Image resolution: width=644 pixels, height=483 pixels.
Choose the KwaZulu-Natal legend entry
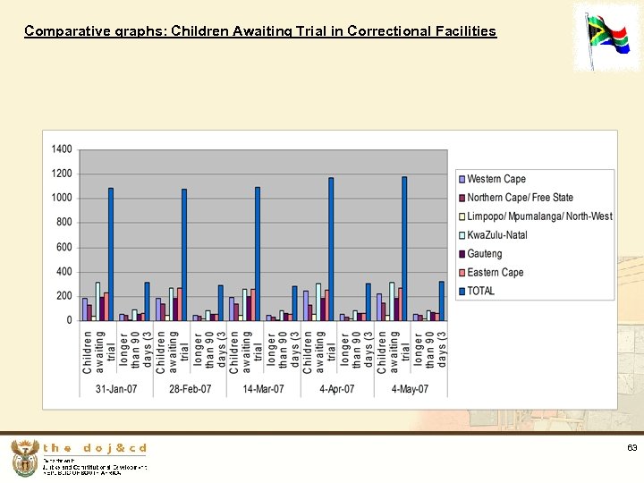tap(496, 235)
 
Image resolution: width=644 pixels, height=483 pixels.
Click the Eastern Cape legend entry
tap(495, 273)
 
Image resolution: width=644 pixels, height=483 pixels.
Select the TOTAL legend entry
tap(480, 291)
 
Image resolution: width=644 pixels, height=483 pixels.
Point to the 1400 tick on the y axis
tap(62, 149)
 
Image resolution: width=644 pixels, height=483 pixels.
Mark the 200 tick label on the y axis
tap(64, 296)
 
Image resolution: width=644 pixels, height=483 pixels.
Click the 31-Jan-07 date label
tap(116, 389)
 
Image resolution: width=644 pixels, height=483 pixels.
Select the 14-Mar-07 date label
tap(263, 389)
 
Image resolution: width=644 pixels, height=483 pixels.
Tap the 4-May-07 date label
tap(410, 389)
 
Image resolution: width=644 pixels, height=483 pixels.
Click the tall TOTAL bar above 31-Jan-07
tap(111, 254)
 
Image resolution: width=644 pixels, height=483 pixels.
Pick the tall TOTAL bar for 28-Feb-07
tap(184, 255)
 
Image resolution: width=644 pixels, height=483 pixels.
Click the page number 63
tap(631, 448)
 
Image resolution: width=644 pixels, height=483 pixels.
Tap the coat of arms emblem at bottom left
tap(24, 458)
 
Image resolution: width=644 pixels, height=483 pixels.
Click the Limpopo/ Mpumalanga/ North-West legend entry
tap(539, 216)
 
